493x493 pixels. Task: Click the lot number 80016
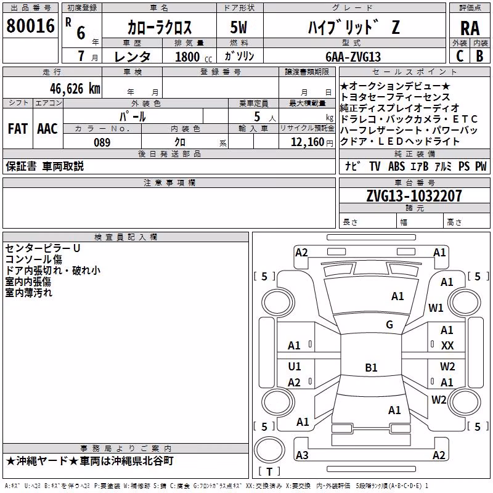pos(30,26)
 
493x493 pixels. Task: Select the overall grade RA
pos(470,28)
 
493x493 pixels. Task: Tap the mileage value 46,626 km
pos(75,89)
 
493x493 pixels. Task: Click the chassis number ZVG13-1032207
pos(414,196)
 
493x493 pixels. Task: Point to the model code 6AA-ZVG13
pos(353,57)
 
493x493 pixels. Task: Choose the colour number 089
pos(102,142)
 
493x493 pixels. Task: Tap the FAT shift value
pos(18,129)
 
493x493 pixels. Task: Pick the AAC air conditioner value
pos(47,129)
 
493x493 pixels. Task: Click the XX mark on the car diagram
pos(447,346)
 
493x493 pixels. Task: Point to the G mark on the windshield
pos(389,325)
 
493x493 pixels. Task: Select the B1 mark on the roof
pos(371,367)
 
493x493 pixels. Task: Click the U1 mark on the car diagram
pos(295,366)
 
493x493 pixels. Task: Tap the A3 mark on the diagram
pos(302,455)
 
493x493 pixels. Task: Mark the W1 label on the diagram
pos(436,308)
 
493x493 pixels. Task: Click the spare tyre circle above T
pos(269,450)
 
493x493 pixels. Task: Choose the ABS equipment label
pos(396,166)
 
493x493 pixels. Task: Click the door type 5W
pos(238,27)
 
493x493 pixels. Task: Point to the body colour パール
pos(132,117)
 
